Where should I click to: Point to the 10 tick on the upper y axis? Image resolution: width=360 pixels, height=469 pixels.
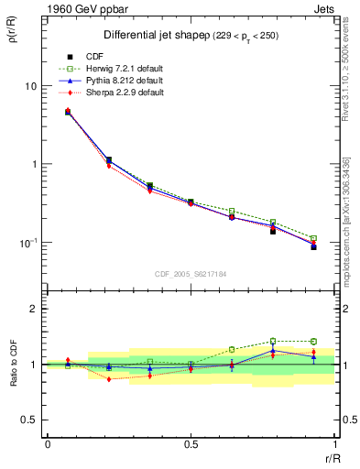pos(30,86)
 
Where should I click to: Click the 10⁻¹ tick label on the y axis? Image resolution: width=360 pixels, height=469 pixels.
pos(27,243)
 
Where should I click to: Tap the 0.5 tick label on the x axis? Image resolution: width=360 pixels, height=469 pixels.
pos(191,443)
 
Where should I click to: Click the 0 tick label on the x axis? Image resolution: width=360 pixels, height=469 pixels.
pos(48,443)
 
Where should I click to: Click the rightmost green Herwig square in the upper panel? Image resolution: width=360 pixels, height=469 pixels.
pos(313,238)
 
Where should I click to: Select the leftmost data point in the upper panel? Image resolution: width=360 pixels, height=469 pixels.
pos(68,112)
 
